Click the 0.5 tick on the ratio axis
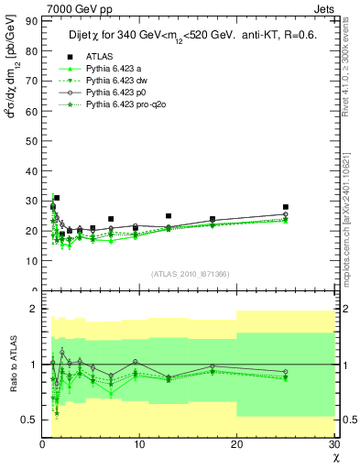point(29,420)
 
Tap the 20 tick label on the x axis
point(236,443)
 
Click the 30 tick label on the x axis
point(333,443)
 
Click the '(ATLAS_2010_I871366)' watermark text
point(189,274)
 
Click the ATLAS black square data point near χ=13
point(169,216)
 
